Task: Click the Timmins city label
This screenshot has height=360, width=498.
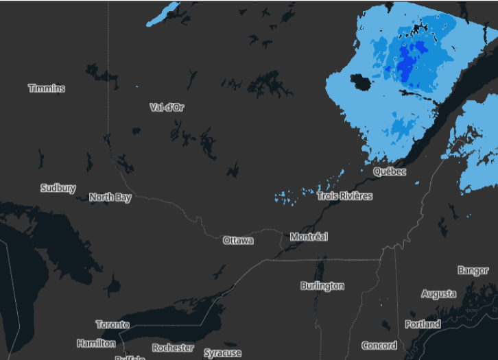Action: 47,88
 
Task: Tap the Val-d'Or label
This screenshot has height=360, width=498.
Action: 167,107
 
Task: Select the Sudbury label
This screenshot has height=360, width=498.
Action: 58,188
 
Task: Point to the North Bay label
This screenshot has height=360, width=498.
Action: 110,197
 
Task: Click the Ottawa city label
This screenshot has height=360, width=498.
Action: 238,241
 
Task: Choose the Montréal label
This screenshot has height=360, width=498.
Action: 309,237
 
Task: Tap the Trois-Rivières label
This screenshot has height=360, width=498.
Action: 345,196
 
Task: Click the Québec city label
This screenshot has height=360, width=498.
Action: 390,171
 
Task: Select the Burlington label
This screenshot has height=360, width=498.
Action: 322,285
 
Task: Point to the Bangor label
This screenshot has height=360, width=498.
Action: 473,271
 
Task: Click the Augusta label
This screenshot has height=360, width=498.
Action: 438,294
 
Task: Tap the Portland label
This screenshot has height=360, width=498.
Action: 423,324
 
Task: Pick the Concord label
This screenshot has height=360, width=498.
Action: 379,346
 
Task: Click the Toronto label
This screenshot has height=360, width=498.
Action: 112,324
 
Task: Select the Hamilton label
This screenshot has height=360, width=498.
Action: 96,343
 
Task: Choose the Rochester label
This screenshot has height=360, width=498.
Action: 173,348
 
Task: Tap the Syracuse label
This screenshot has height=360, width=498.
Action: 223,353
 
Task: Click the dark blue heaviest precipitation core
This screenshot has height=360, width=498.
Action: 406,65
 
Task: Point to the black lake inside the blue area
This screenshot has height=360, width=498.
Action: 360,82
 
